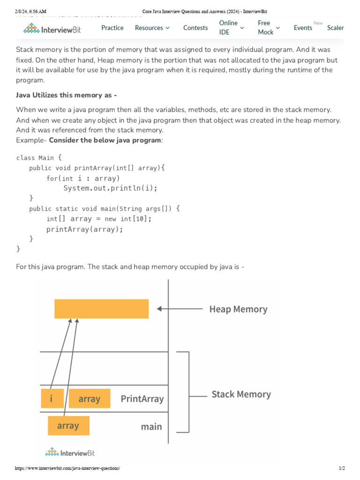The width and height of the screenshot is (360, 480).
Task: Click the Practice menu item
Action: (112, 28)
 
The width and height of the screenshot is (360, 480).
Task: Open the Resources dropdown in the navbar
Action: (152, 28)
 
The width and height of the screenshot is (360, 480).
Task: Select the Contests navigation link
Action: (195, 28)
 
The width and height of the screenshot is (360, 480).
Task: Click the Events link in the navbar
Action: (303, 28)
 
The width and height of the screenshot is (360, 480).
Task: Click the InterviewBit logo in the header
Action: (52, 29)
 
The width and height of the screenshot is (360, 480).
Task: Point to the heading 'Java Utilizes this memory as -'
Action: (67, 95)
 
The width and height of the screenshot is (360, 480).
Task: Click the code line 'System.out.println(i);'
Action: (111, 188)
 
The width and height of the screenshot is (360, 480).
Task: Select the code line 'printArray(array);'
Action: (85, 229)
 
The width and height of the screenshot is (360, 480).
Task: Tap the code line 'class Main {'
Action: (39, 157)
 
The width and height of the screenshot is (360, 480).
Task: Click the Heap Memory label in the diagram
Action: (238, 309)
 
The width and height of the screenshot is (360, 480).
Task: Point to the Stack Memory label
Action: (241, 395)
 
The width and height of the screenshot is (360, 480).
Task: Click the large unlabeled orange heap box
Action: (101, 308)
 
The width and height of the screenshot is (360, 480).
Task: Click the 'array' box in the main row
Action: (68, 426)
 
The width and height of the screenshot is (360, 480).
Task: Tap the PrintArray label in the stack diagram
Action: (142, 399)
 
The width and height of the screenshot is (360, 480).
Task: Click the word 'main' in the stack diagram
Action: (151, 427)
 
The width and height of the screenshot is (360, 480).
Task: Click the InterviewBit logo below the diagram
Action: (70, 452)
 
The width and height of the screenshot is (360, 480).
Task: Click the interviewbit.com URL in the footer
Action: (67, 468)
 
